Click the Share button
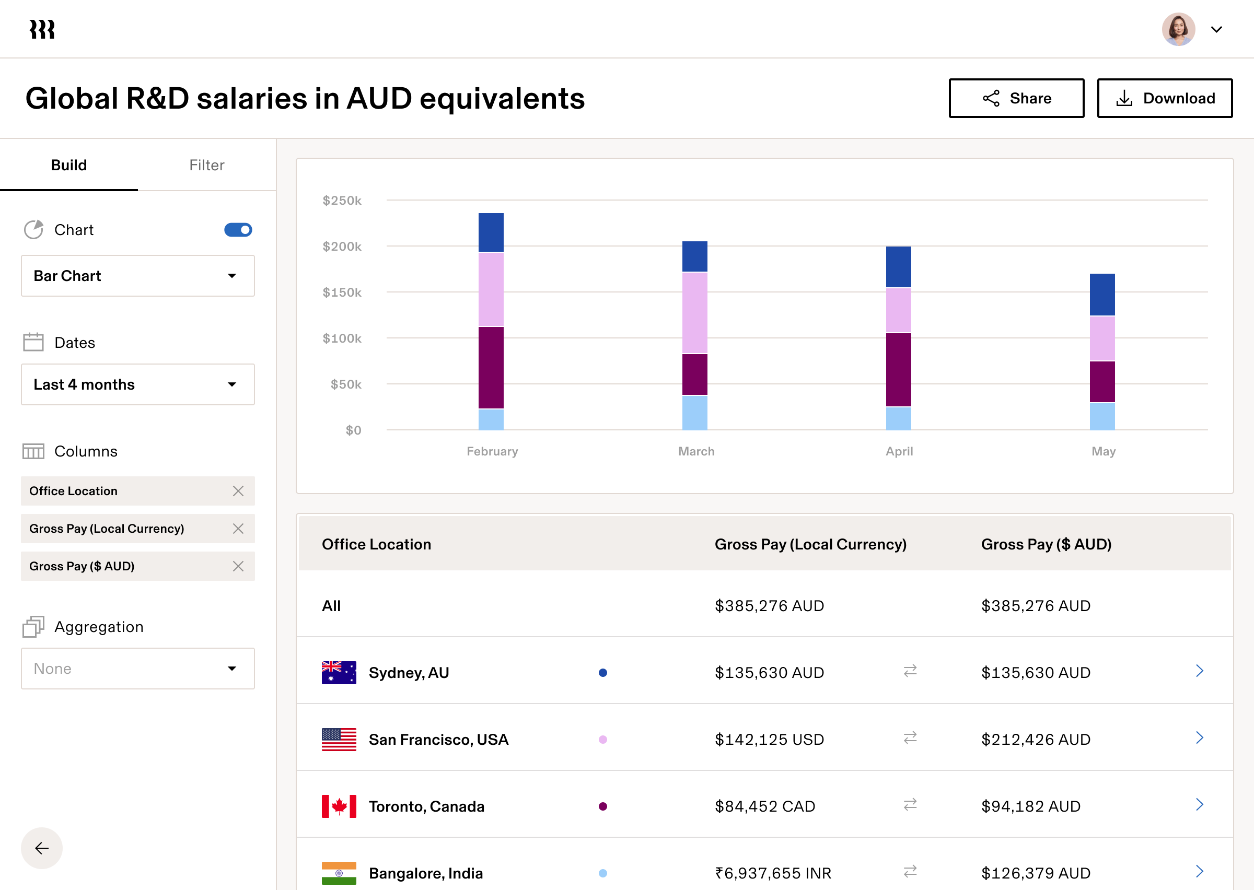tap(1016, 98)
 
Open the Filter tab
tap(206, 165)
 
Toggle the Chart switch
tap(238, 230)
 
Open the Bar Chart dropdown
tap(137, 276)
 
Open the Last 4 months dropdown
tap(137, 384)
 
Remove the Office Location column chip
tap(238, 491)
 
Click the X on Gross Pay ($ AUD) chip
tap(238, 566)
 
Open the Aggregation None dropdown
tap(137, 669)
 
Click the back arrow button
tap(42, 848)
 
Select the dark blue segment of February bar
tap(491, 232)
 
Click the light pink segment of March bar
tap(694, 312)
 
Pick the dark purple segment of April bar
tap(898, 369)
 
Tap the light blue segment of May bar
tap(1102, 416)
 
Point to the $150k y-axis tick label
tap(342, 292)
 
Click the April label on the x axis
tap(899, 451)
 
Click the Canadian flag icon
tap(339, 806)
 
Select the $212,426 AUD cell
tap(1035, 739)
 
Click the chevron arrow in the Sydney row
tap(1199, 671)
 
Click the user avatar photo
tap(1178, 29)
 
